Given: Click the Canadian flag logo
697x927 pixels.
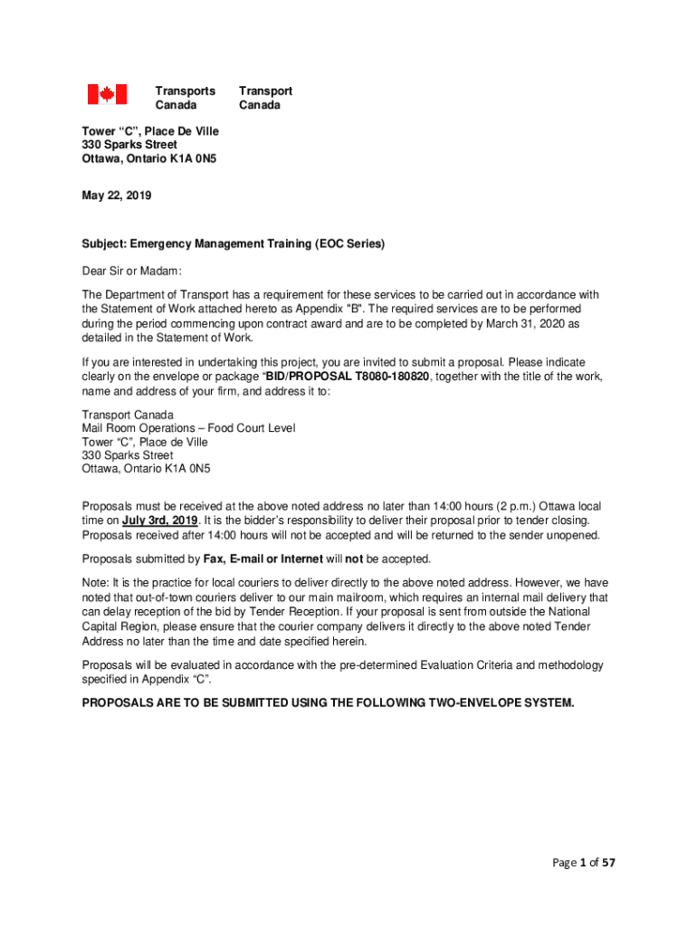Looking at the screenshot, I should (106, 94).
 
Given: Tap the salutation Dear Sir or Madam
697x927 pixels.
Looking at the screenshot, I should (132, 271).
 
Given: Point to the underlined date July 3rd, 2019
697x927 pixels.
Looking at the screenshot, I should (160, 521).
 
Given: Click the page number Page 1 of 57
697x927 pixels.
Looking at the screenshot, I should (576, 863).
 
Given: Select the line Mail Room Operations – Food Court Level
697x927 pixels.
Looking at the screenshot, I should (188, 428).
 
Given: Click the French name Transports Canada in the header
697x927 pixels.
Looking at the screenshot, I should (185, 98).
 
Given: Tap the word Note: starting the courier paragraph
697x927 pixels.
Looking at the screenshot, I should (95, 583).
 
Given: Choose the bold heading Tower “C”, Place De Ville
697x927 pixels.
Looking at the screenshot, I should (150, 131).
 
